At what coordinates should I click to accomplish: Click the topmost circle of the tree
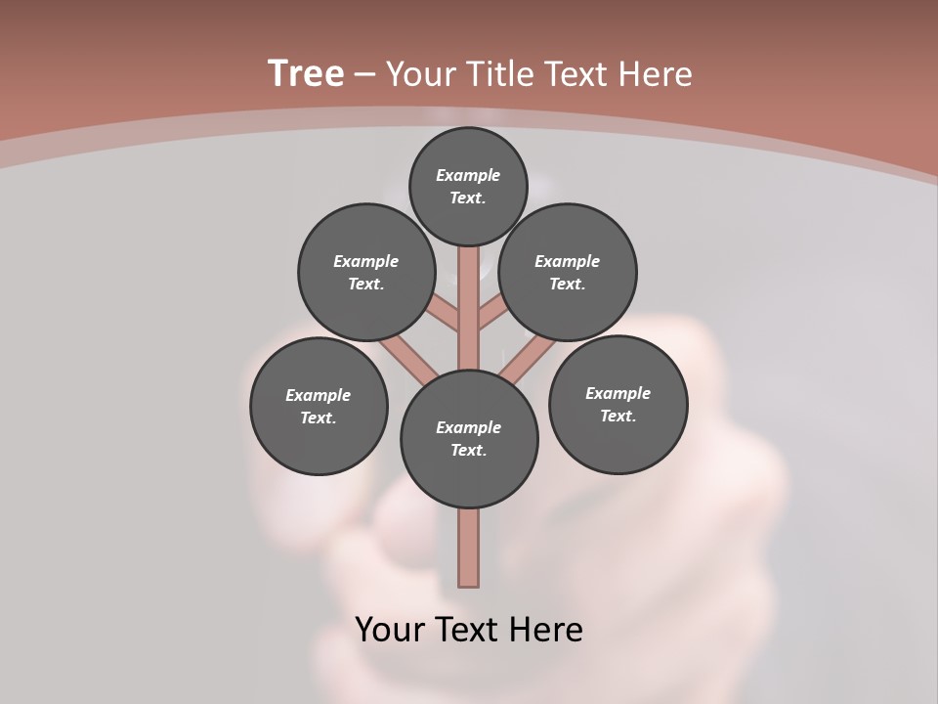(468, 186)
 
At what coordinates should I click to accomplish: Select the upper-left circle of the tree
(365, 272)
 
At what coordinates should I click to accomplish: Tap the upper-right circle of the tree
(568, 272)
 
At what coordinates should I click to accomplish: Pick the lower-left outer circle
(319, 406)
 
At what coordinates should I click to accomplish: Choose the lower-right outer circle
(618, 404)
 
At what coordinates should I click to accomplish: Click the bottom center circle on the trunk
(469, 439)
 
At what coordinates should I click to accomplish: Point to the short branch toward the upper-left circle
(445, 313)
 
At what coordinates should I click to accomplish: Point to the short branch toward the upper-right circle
(492, 313)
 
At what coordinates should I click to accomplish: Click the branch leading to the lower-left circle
(408, 360)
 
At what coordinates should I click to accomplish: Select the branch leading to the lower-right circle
(528, 360)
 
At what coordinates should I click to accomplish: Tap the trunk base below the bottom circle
(469, 548)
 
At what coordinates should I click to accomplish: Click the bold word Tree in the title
(306, 73)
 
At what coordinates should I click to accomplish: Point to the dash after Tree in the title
(364, 74)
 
